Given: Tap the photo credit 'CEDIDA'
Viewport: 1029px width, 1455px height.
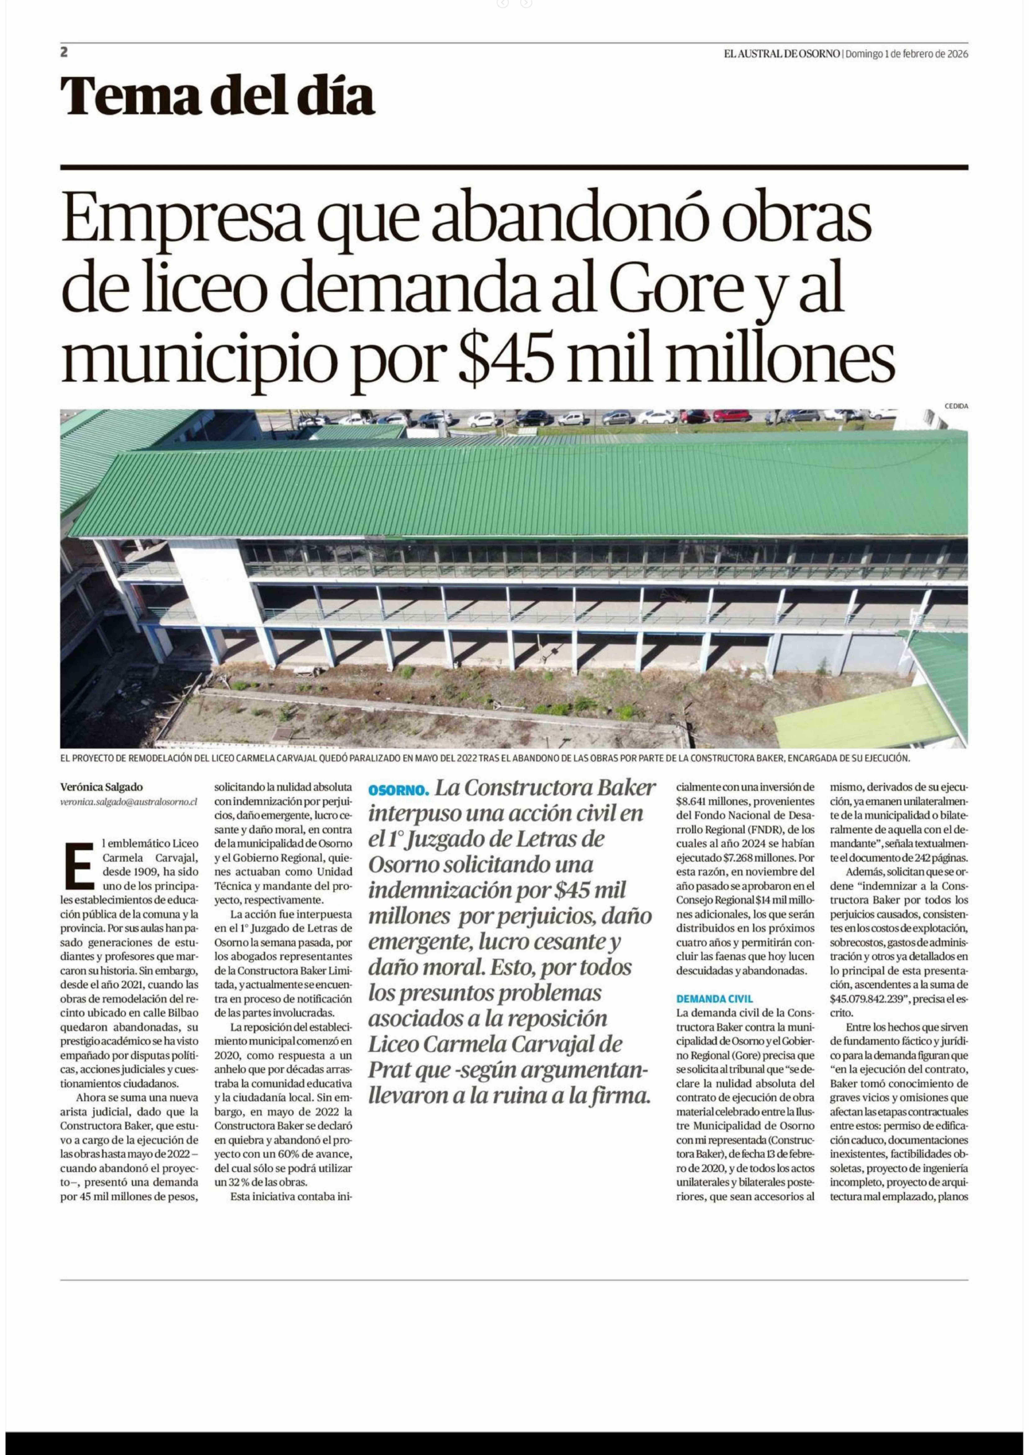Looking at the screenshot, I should (956, 406).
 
